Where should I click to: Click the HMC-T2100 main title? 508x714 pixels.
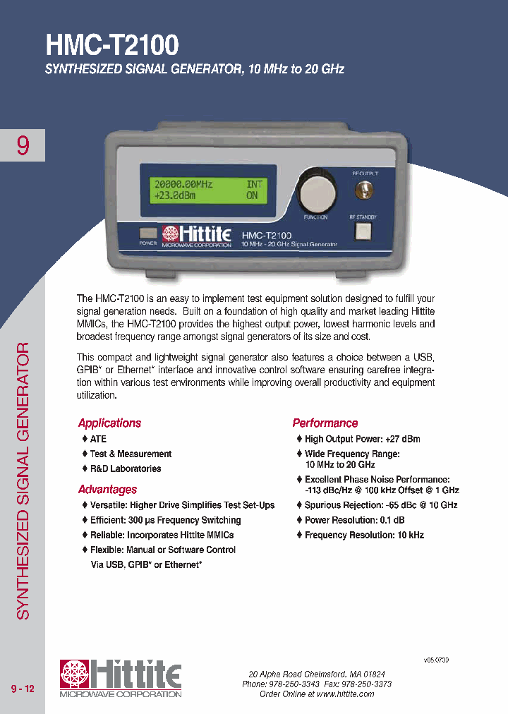(x=112, y=45)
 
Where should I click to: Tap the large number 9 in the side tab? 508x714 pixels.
(x=23, y=146)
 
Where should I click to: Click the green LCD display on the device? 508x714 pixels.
(x=207, y=190)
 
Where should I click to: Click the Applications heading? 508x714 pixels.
(x=109, y=423)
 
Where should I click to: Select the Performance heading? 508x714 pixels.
(x=325, y=423)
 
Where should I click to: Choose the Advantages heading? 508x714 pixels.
(x=107, y=490)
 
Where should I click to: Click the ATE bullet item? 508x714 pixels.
(x=98, y=439)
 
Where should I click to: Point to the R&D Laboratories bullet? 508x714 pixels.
(x=125, y=468)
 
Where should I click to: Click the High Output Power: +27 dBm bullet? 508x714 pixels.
(x=362, y=439)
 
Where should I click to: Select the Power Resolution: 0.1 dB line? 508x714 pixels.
(x=354, y=520)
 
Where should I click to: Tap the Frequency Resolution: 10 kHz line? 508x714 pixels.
(x=364, y=535)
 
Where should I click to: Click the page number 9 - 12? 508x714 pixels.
(x=23, y=689)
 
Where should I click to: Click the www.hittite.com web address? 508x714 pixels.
(x=345, y=694)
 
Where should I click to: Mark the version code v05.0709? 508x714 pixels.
(x=436, y=660)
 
